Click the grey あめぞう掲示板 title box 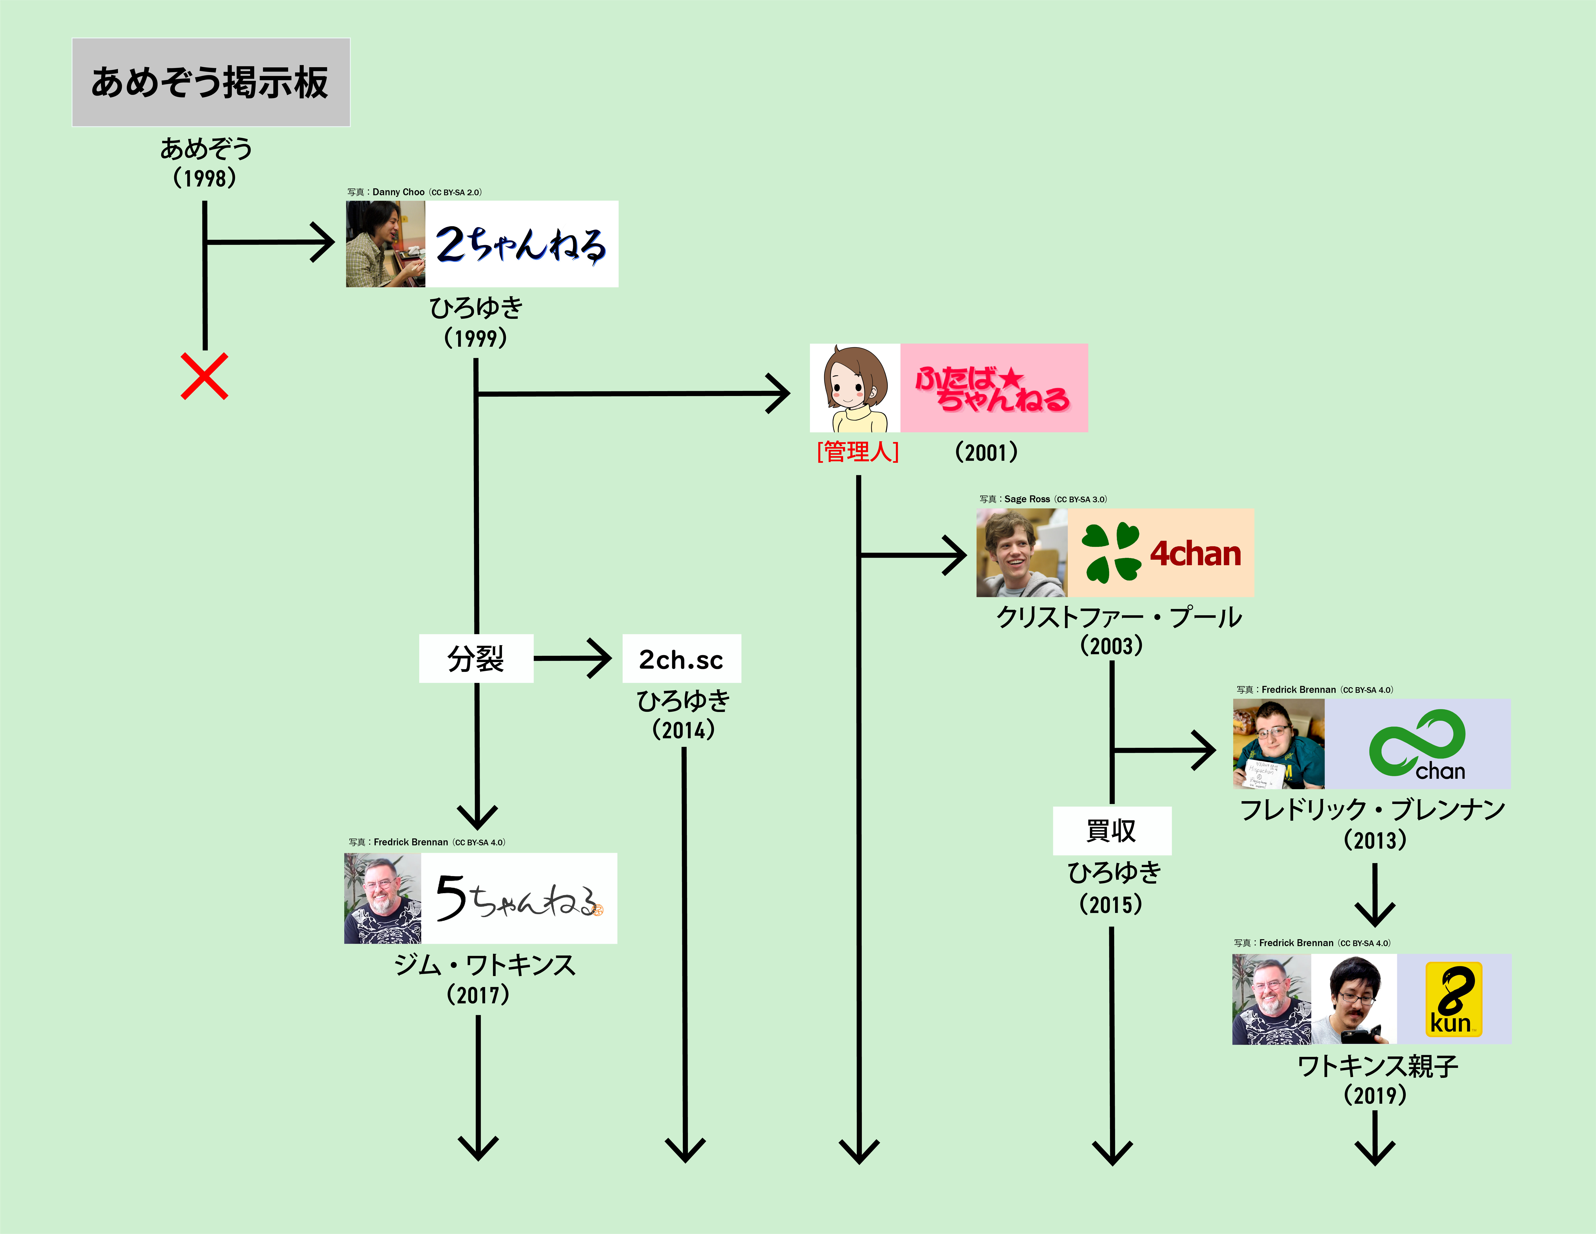point(210,82)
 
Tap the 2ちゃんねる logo point(521,244)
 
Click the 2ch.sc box point(681,659)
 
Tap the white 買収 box point(1112,831)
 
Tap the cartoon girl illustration point(854,388)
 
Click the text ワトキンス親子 point(1377,1066)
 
